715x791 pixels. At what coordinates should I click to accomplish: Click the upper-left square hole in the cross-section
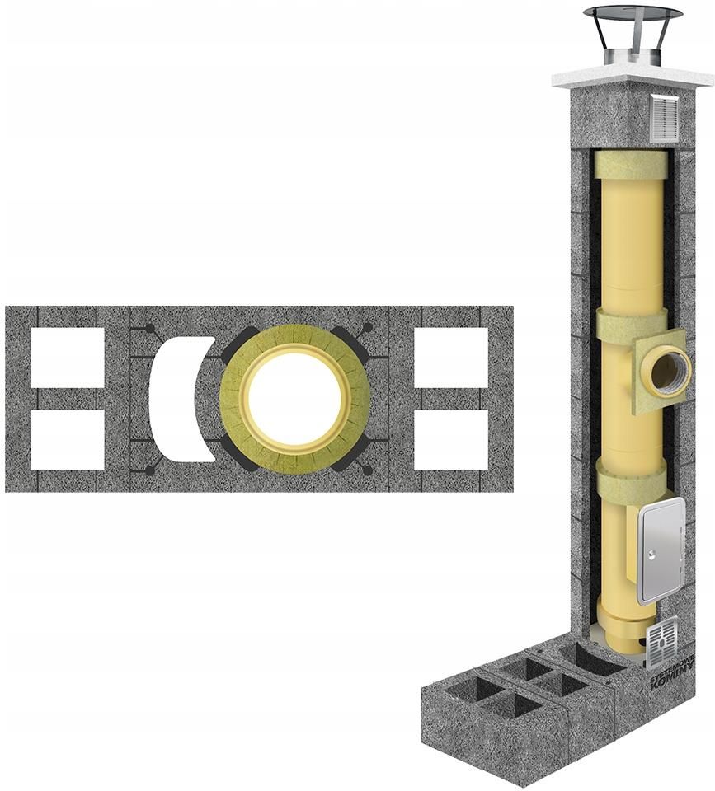point(68,357)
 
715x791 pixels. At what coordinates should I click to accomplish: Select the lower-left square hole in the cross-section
point(68,440)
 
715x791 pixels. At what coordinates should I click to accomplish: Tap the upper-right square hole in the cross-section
point(451,357)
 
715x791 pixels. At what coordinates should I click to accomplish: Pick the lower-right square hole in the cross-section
point(451,440)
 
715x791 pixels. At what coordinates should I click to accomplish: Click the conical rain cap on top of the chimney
point(633,14)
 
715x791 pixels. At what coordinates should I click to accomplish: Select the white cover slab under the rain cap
point(633,77)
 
